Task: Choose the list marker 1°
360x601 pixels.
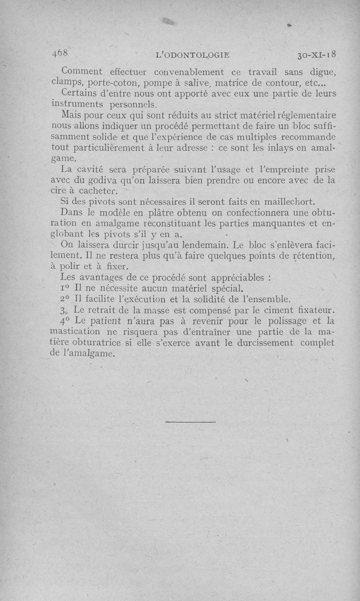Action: (65, 289)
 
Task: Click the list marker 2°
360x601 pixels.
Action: (65, 300)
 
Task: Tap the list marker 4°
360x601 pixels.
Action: (65, 321)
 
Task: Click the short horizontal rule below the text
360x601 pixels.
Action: (190, 422)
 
